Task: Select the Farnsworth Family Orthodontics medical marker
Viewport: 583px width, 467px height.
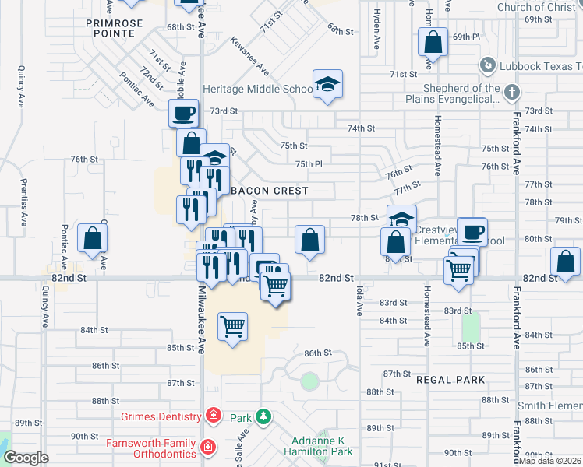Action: coord(208,447)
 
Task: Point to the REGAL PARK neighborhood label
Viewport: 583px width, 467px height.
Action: coord(450,380)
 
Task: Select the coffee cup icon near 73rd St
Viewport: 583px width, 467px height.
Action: coord(184,114)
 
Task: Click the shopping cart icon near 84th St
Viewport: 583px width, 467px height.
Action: coord(233,326)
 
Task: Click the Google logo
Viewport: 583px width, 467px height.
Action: coord(26,458)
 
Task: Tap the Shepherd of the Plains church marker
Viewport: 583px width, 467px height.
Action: coord(511,93)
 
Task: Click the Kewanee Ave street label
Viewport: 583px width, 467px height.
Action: coord(250,58)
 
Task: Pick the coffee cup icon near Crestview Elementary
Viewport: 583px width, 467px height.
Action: coord(472,231)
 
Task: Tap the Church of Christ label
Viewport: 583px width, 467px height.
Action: coord(535,8)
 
